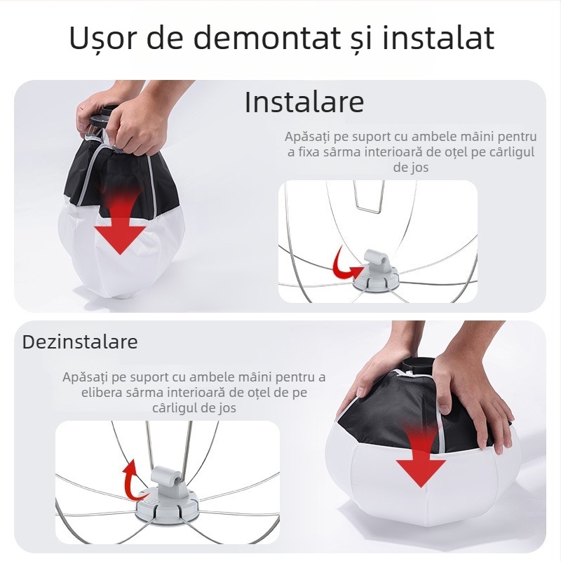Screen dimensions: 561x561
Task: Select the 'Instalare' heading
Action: [304, 102]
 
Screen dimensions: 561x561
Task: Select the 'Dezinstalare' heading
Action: [80, 342]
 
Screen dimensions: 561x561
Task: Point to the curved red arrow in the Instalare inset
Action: [344, 264]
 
